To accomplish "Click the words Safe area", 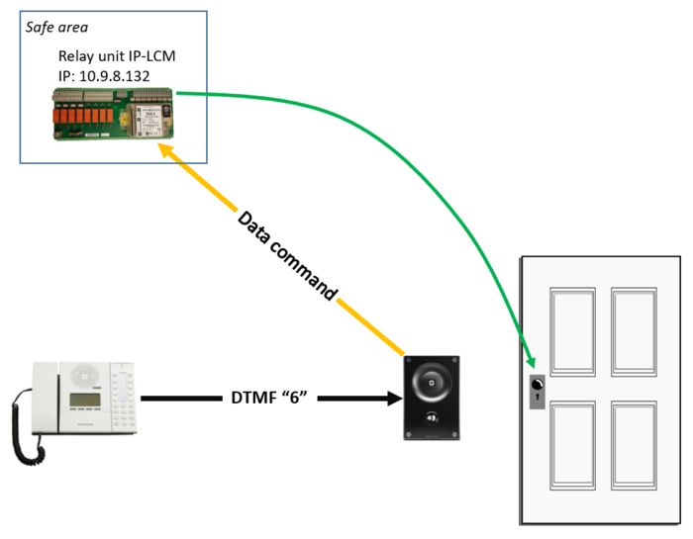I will point(57,27).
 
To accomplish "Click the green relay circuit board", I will point(113,111).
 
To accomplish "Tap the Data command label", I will point(287,255).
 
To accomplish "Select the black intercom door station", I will point(432,398).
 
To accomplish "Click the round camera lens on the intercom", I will point(432,381).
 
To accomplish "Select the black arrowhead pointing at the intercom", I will point(390,400).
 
